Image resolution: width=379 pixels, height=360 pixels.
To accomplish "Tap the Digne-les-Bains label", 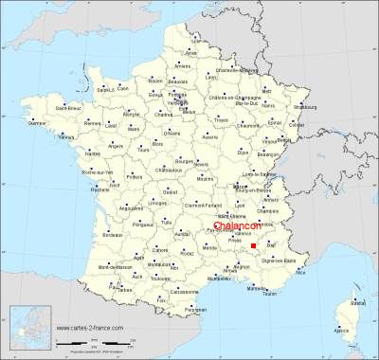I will (x=275, y=260).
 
